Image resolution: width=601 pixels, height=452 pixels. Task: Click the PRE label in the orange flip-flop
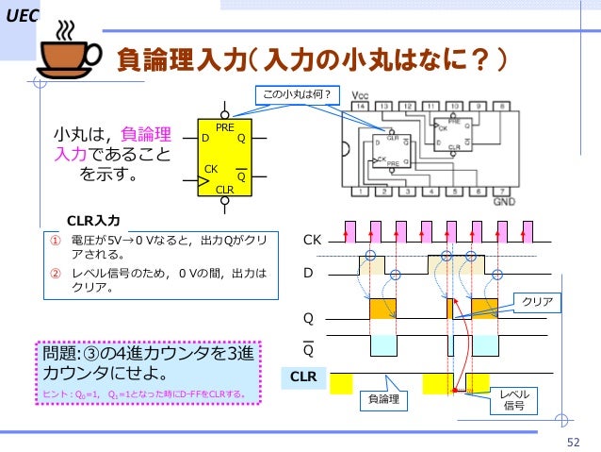tap(224, 127)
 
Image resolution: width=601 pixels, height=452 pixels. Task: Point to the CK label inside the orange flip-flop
tap(212, 169)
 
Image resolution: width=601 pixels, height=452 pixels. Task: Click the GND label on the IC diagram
tap(504, 202)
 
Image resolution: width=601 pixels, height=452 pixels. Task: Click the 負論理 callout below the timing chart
tap(382, 399)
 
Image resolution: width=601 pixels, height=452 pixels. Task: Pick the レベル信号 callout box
tap(513, 399)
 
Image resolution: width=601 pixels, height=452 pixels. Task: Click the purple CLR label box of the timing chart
tap(303, 377)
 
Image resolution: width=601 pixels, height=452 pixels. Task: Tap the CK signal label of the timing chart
tap(311, 242)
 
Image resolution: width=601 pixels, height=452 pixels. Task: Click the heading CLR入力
tap(93, 221)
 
